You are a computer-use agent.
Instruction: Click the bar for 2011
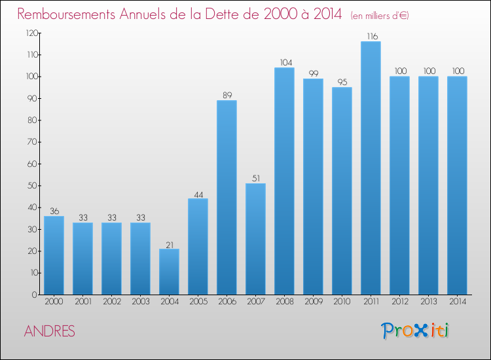[x=371, y=168]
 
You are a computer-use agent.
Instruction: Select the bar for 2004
[x=169, y=272]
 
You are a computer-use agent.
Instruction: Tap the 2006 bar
[x=227, y=198]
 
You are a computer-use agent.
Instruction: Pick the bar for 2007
[x=255, y=239]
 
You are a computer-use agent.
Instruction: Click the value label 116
[x=373, y=36]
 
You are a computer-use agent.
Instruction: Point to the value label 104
[x=286, y=63]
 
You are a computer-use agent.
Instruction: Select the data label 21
[x=170, y=245]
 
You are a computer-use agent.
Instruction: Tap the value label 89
[x=227, y=95]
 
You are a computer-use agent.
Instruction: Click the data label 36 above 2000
[x=54, y=211]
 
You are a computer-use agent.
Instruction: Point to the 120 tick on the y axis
[x=31, y=33]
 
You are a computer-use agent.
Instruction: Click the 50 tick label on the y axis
[x=32, y=186]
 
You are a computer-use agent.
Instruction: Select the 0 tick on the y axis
[x=35, y=295]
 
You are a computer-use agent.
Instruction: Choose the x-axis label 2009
[x=314, y=302]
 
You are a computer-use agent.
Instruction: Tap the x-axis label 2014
[x=458, y=302]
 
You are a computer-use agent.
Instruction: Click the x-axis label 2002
[x=112, y=302]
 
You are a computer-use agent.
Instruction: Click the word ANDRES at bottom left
[x=50, y=331]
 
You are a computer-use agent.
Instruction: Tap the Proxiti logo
[x=415, y=331]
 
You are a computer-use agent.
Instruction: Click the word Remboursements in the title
[x=66, y=14]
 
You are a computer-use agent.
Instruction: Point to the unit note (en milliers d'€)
[x=380, y=15]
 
